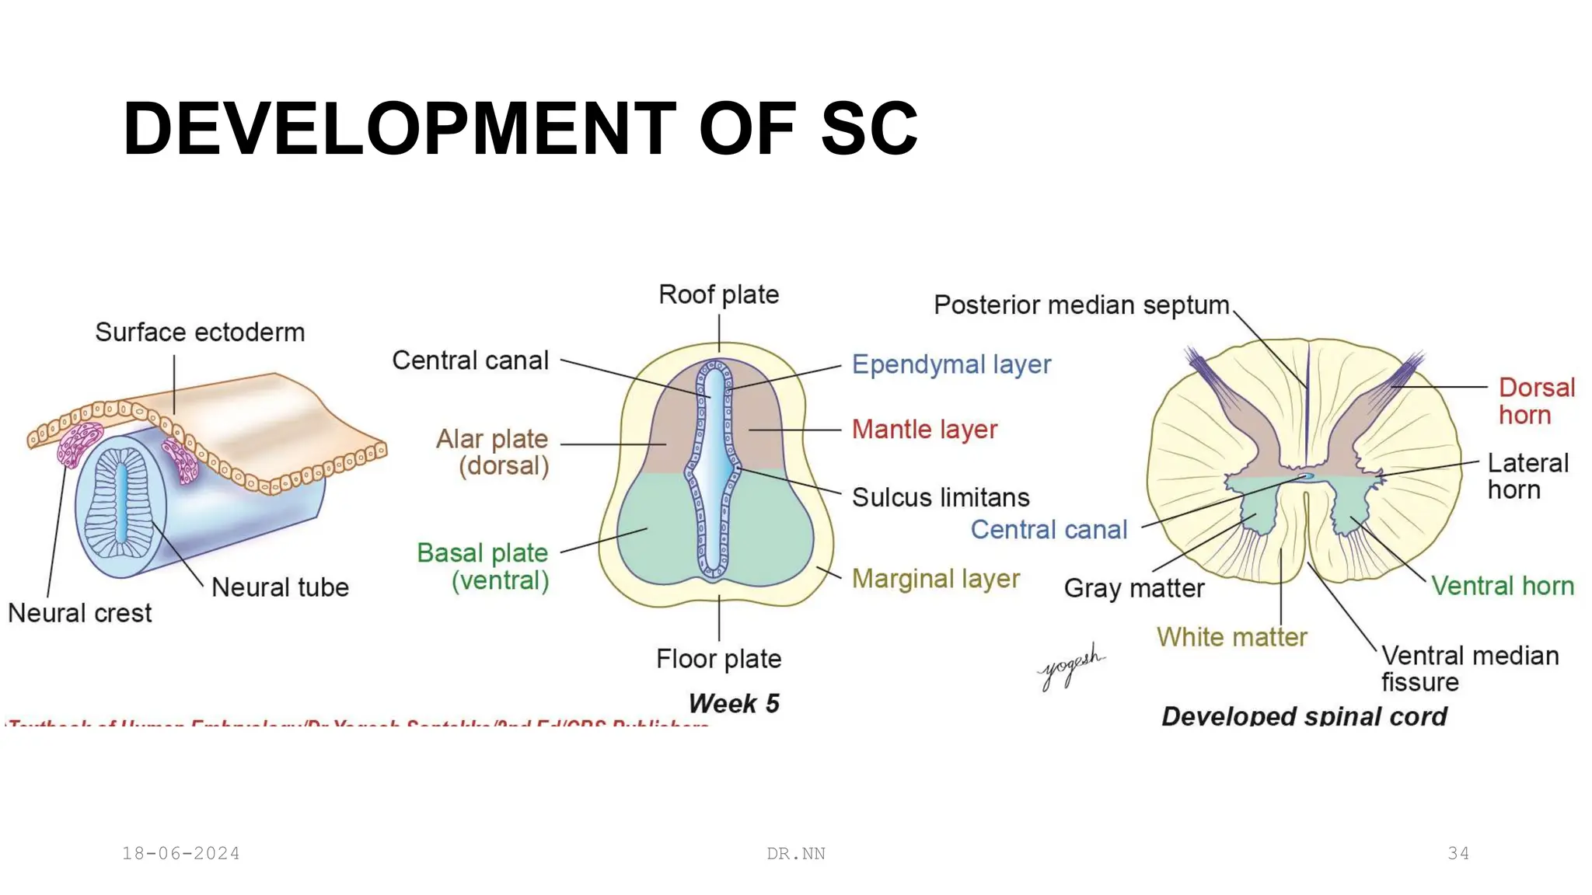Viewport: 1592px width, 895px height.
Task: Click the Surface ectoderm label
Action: (x=200, y=333)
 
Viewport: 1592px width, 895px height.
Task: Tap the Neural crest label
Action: (x=79, y=613)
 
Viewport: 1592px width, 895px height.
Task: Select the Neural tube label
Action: (x=280, y=587)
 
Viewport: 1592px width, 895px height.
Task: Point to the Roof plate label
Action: (x=718, y=295)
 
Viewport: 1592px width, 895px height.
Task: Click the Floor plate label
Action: (x=718, y=659)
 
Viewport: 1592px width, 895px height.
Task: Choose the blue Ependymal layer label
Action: (x=951, y=364)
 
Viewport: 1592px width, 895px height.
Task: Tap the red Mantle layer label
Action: (x=924, y=429)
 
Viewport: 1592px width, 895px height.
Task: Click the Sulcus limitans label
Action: (x=941, y=497)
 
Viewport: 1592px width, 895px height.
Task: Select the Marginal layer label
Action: (x=935, y=579)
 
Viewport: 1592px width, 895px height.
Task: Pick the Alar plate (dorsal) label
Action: (x=493, y=452)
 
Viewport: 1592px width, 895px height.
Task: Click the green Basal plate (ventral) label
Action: (x=484, y=566)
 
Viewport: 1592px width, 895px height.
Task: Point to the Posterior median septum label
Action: (x=1081, y=305)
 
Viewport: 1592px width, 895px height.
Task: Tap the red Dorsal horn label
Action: (x=1535, y=401)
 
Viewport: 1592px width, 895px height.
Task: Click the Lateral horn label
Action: (x=1527, y=476)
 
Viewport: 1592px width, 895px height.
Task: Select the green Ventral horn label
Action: (x=1502, y=586)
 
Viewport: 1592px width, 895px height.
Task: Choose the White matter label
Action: (x=1231, y=637)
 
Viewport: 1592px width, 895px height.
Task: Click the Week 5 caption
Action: (x=734, y=703)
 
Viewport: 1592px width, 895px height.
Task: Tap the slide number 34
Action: (x=1458, y=853)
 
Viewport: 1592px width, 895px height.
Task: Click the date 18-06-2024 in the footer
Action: (x=180, y=853)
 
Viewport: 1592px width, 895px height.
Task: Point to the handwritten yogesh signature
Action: (x=1071, y=665)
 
